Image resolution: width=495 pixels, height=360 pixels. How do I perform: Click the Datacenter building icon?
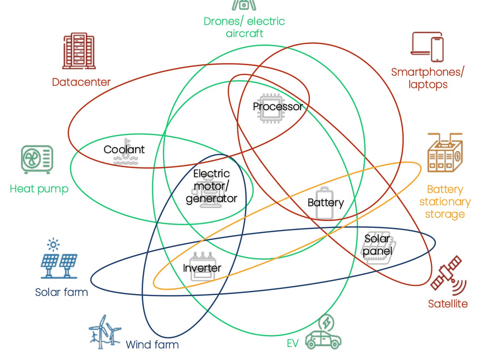(79, 51)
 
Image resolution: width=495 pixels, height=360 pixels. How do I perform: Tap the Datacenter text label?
(81, 82)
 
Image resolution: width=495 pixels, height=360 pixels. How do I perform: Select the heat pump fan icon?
(37, 159)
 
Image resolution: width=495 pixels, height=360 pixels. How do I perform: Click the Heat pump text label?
(39, 189)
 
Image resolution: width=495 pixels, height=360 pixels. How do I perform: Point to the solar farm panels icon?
(59, 259)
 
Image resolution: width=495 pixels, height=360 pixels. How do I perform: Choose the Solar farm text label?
(62, 292)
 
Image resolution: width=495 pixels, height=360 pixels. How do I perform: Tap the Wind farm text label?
(152, 344)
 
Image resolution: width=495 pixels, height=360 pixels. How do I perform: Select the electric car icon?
(323, 334)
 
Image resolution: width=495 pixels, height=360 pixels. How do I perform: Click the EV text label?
(292, 343)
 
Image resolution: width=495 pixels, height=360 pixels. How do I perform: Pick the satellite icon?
(448, 275)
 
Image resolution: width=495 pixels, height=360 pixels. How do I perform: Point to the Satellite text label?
(448, 304)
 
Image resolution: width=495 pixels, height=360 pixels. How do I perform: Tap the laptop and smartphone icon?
(428, 47)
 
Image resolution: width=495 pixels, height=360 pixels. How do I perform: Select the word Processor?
(278, 106)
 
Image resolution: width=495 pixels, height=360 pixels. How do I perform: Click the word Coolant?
(124, 149)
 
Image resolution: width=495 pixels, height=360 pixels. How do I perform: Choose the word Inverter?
(202, 268)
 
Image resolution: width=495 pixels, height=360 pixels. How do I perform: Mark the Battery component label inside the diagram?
(325, 202)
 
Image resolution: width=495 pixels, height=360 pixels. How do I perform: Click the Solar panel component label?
(378, 245)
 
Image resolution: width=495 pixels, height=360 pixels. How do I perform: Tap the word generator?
(211, 198)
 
